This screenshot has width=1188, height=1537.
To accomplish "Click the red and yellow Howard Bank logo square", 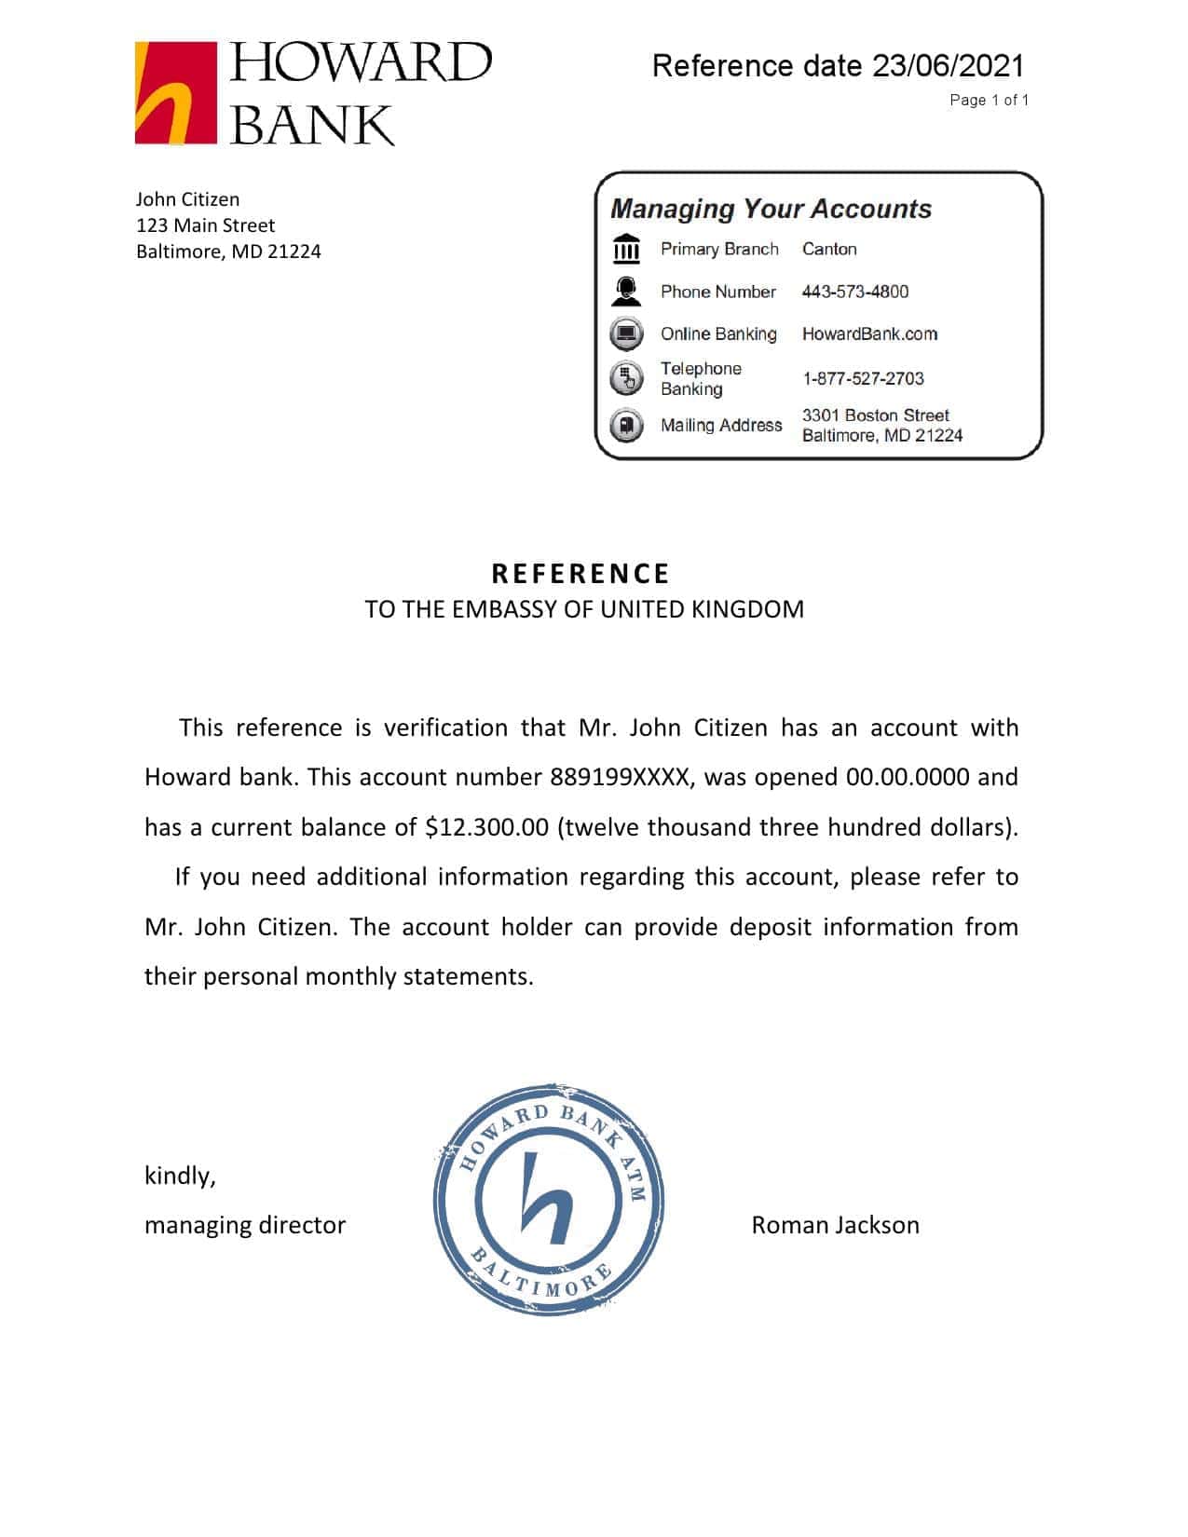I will pyautogui.click(x=176, y=93).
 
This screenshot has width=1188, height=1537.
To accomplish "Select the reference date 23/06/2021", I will pyautogui.click(x=948, y=66).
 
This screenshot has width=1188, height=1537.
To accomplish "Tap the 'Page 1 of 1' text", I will pyautogui.click(x=989, y=100).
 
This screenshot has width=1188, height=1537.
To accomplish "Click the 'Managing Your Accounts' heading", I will pyautogui.click(x=771, y=209).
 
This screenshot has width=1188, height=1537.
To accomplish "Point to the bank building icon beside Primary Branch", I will pyautogui.click(x=626, y=249).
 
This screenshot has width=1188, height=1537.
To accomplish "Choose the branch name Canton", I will pyautogui.click(x=829, y=249).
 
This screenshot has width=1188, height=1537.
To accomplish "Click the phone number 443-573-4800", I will pyautogui.click(x=854, y=292).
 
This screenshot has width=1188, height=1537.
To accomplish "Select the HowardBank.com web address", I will pyautogui.click(x=869, y=333).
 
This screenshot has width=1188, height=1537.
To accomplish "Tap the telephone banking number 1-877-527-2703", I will pyautogui.click(x=863, y=378).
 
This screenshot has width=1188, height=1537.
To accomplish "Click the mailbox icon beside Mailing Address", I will pyautogui.click(x=626, y=426).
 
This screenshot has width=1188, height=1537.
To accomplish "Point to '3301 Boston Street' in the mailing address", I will pyautogui.click(x=875, y=415).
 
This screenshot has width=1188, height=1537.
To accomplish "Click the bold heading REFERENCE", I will pyautogui.click(x=580, y=573).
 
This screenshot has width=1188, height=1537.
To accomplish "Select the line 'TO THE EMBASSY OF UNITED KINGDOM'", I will pyautogui.click(x=584, y=609).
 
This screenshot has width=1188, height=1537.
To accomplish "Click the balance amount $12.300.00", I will pyautogui.click(x=486, y=827).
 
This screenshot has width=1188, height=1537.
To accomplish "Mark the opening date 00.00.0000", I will pyautogui.click(x=907, y=777).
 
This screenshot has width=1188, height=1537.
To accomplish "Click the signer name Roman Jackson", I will pyautogui.click(x=835, y=1225).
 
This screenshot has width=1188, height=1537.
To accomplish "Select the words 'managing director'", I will pyautogui.click(x=245, y=1225).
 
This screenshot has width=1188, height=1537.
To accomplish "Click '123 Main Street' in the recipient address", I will pyautogui.click(x=205, y=225).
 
